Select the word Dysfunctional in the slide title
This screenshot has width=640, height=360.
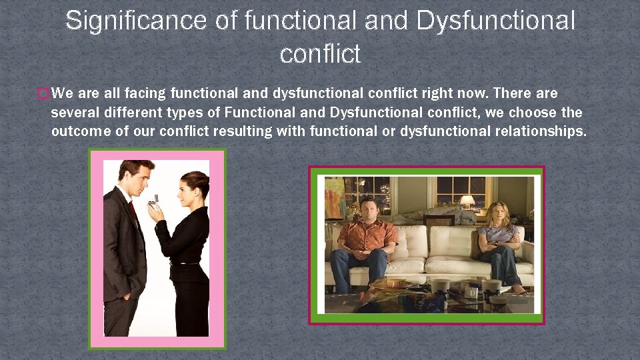495,21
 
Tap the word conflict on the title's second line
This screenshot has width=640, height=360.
320,54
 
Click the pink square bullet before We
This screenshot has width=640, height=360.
44,94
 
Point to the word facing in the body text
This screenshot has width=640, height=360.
149,93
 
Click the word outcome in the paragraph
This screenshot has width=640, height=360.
81,131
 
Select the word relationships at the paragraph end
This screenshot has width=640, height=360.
540,131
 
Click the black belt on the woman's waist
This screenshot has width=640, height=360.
185,263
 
